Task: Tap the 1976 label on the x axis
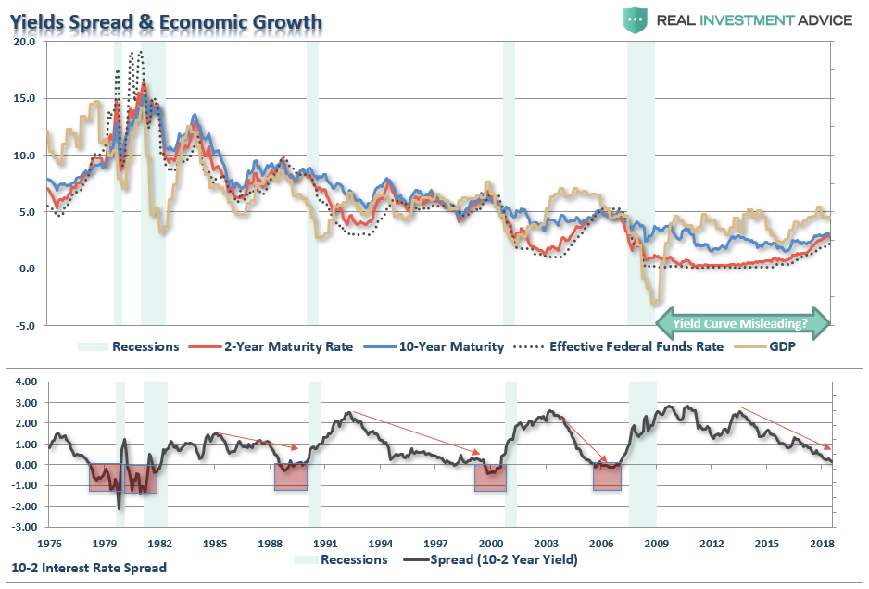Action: tap(50, 543)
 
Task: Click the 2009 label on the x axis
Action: tap(656, 543)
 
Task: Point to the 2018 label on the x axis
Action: tap(821, 543)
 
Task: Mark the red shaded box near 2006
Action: tap(607, 477)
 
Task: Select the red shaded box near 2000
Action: tap(490, 477)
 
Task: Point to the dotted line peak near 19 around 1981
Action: tap(136, 53)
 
